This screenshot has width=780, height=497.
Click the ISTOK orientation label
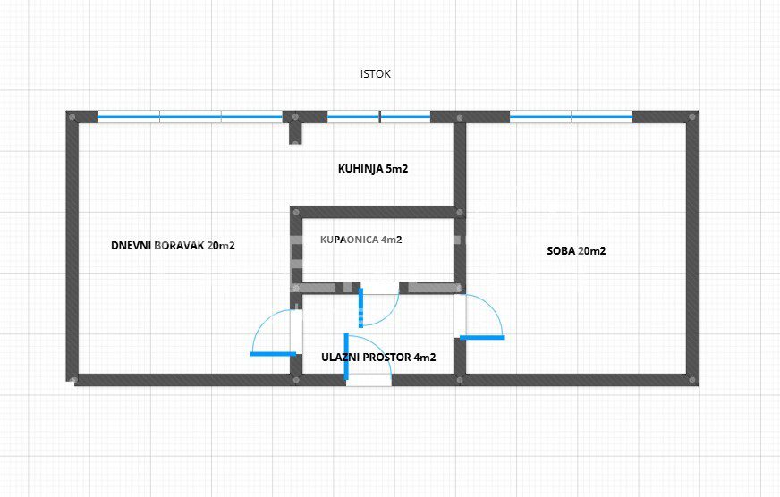coord(375,74)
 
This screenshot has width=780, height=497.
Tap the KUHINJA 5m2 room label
coord(373,169)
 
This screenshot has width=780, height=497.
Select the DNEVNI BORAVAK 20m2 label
coord(174,246)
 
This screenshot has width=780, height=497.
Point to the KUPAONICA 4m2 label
coord(361,240)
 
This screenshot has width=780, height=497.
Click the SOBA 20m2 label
coord(577,251)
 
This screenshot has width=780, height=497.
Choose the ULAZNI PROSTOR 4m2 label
coord(378,358)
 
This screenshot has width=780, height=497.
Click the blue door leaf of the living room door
coord(273,354)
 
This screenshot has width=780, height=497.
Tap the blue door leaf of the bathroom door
coord(360,307)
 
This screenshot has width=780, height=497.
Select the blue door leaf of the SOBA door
coord(482,338)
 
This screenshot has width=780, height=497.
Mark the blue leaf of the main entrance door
coord(346,356)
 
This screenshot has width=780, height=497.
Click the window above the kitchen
coord(378,117)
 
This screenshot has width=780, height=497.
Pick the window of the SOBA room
coord(571,117)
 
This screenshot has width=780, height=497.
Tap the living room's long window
coord(190,117)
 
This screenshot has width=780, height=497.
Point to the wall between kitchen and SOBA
coord(460,164)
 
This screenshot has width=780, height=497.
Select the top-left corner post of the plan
coord(72,117)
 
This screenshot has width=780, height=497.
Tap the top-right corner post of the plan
coord(692,117)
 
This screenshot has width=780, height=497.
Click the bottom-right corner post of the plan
coord(692,380)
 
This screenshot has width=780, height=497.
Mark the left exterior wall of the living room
coord(72,248)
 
